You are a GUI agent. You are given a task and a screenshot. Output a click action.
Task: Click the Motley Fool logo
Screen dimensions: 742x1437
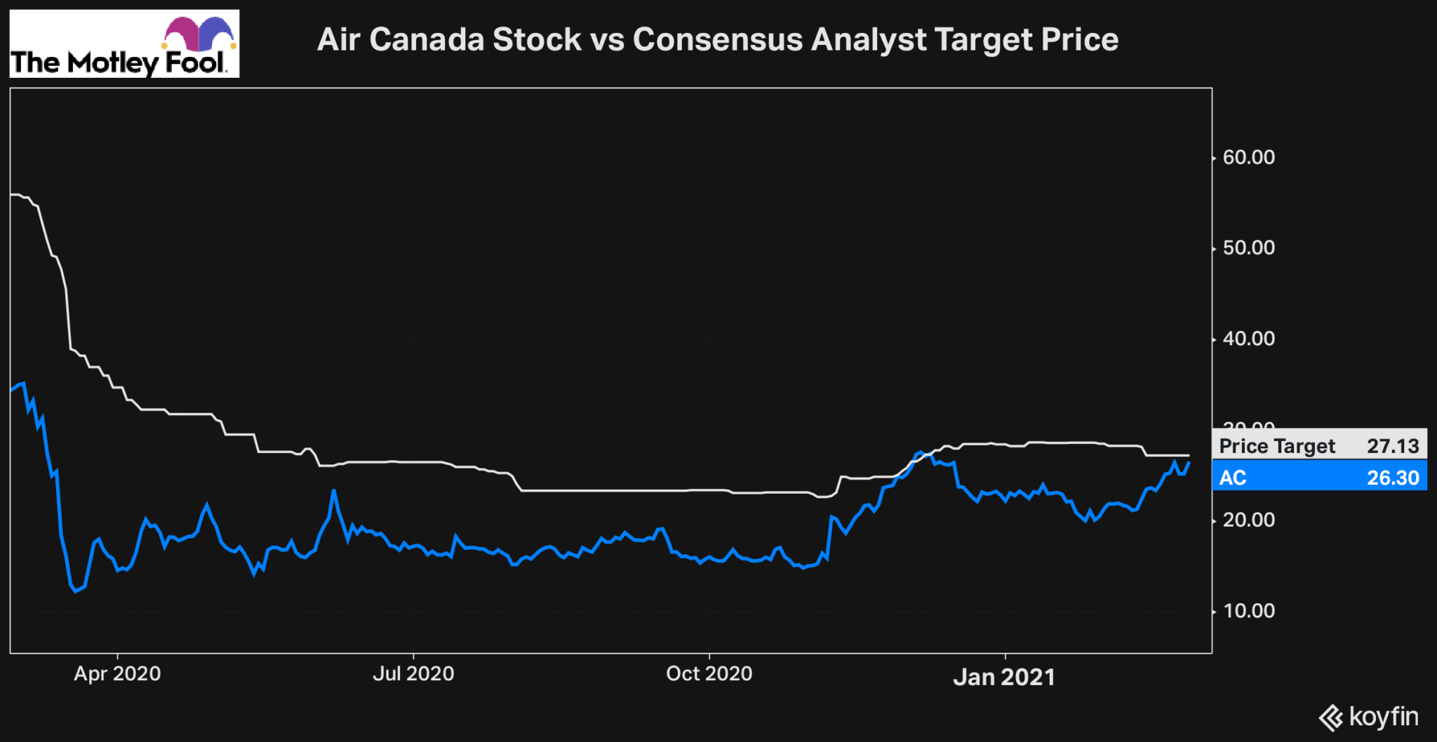(x=124, y=43)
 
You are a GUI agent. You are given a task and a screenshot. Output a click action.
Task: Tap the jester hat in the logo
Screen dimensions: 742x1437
(x=199, y=33)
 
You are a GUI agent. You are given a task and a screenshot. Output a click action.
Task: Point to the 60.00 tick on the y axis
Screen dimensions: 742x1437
(x=1248, y=158)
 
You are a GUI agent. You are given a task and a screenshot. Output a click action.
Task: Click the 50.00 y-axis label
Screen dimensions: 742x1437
(x=1248, y=248)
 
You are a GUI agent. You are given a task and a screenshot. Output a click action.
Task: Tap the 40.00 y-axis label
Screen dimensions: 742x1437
(x=1248, y=339)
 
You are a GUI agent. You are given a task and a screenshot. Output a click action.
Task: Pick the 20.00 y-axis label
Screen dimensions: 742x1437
(x=1248, y=520)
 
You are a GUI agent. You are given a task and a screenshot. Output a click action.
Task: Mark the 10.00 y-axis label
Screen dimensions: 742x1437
(x=1248, y=611)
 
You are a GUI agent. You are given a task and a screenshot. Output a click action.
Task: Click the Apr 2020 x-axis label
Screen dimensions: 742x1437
(x=117, y=674)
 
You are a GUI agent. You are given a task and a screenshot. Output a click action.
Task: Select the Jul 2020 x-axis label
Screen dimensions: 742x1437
(x=413, y=674)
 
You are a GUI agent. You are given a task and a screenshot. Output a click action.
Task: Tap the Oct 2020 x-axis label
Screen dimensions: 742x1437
(x=709, y=674)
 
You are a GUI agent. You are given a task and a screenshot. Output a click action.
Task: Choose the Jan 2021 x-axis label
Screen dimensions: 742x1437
(x=1004, y=677)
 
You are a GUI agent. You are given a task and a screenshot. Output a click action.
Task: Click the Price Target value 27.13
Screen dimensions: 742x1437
(x=1393, y=446)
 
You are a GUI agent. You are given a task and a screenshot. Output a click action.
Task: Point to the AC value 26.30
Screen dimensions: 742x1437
(x=1393, y=478)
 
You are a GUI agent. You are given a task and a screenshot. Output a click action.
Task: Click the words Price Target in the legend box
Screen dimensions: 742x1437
(x=1277, y=446)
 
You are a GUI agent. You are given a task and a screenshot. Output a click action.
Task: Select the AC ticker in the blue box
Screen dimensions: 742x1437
(x=1233, y=478)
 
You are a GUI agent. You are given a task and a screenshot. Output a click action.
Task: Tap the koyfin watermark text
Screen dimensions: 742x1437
(x=1383, y=717)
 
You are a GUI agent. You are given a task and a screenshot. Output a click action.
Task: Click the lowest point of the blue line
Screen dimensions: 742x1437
(x=76, y=591)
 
